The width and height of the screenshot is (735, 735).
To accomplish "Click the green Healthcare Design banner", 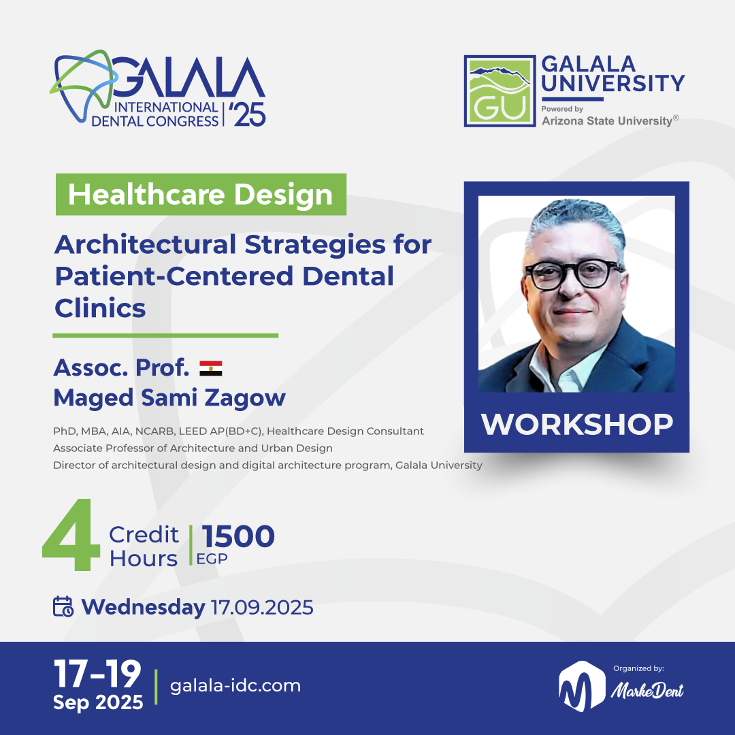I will coord(201,195).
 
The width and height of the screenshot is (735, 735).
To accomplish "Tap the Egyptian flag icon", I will coord(211,368).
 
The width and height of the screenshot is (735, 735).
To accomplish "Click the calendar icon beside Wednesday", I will coord(63,606).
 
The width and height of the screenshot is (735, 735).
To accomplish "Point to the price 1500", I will coord(238,536).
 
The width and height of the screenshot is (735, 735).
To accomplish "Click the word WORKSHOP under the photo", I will coord(576,424).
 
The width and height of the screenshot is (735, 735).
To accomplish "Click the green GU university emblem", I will coord(498,91).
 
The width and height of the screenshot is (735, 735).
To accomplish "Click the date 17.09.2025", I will coord(262,607).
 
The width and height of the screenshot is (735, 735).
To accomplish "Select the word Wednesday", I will coord(144,607).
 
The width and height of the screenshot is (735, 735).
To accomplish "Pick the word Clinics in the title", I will coord(100,308).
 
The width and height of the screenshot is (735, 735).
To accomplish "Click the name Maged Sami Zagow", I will coord(169,397).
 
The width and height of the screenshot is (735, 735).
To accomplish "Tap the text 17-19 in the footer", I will coord(98,674).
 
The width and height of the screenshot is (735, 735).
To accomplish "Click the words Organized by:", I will coord(638,668).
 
